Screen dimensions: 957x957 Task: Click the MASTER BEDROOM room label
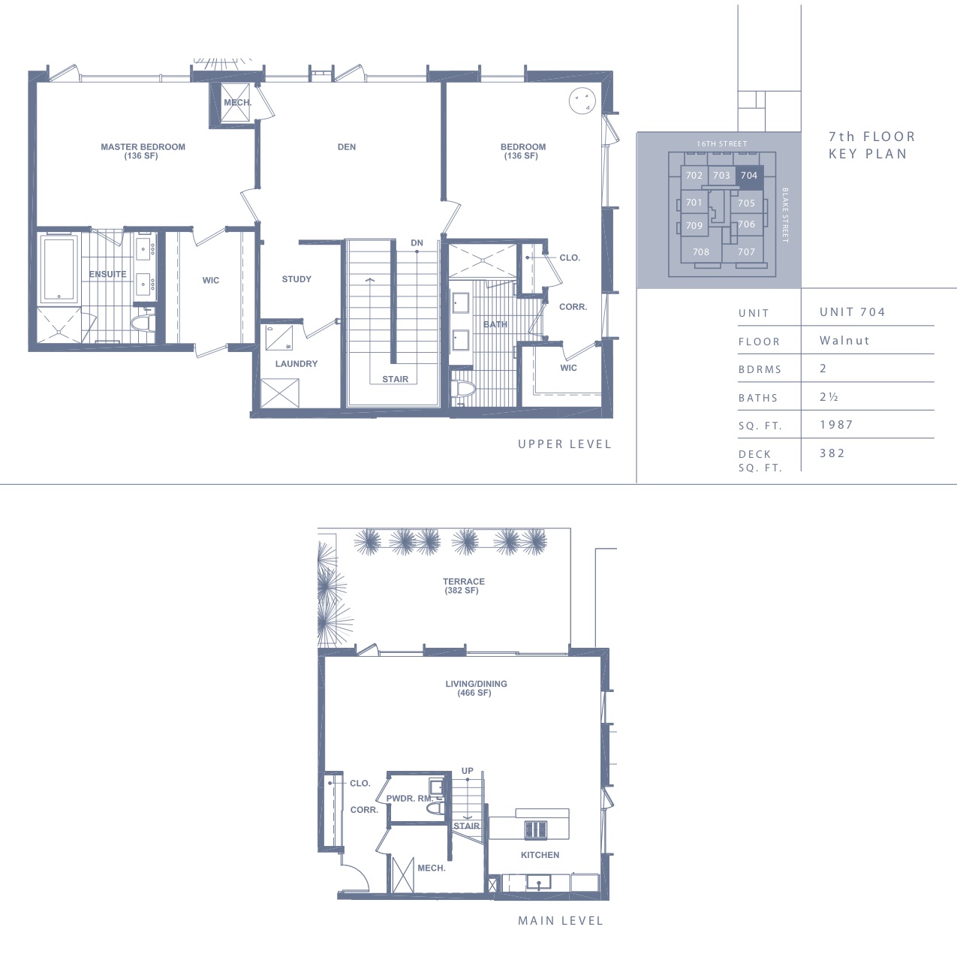coord(143,151)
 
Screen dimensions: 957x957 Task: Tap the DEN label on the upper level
coord(347,147)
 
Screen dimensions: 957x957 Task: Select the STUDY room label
coord(296,279)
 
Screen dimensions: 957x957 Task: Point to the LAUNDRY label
coord(296,363)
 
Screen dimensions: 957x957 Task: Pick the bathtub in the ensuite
coord(59,269)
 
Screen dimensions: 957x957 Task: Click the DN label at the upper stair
coord(417,243)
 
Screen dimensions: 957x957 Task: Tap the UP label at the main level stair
coord(468,771)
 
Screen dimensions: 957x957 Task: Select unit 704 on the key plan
coord(749,176)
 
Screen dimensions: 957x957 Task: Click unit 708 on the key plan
coord(701,251)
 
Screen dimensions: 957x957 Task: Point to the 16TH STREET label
coord(721,144)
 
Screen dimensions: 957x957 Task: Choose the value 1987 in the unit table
coord(836,425)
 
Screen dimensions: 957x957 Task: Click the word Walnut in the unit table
coord(844,340)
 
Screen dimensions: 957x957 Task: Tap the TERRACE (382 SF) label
coord(463,585)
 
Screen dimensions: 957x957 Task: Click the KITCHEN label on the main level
coord(540,855)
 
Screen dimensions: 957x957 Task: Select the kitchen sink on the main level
coord(538,883)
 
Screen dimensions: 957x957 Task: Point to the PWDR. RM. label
coord(411,799)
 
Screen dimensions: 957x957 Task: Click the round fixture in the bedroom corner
coord(582,101)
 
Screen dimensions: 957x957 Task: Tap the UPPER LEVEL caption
coord(564,444)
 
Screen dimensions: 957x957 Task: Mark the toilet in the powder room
coord(435,809)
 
